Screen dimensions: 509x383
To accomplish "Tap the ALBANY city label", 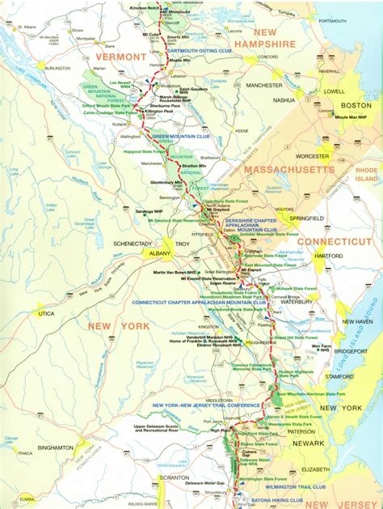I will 158,253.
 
